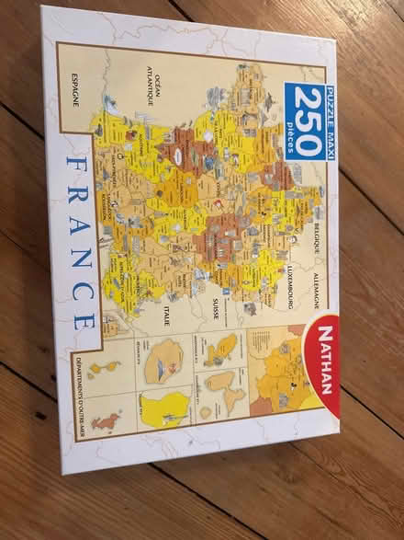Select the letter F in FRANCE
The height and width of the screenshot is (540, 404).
pyautogui.click(x=73, y=167)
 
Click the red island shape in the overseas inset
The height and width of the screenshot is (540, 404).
pyautogui.click(x=107, y=424)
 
